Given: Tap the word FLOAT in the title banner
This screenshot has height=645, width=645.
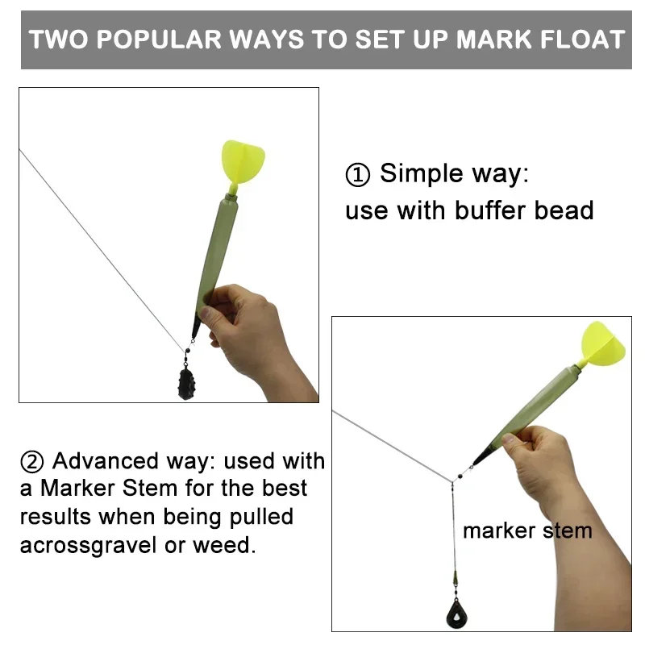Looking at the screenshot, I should pos(573,40).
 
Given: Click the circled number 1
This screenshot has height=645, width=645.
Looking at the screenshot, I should pos(357,174).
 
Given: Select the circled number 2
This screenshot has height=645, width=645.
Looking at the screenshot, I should pos(32,462).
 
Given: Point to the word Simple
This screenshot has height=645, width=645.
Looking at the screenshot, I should pos(422,173).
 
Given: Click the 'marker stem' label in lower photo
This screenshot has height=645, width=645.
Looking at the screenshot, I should pos(527,531).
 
